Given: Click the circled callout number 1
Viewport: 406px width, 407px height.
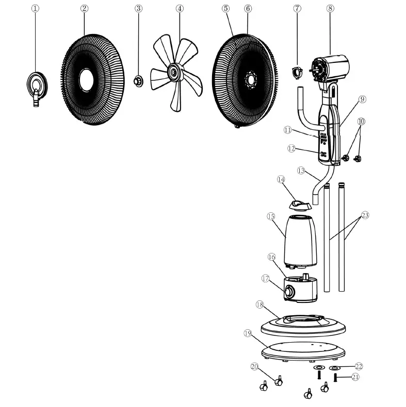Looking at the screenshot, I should point(35,8).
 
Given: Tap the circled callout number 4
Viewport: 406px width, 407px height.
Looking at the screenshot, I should point(179,8).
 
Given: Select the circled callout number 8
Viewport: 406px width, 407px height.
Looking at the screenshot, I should point(330,8).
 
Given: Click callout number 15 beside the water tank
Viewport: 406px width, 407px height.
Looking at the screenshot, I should point(271,216).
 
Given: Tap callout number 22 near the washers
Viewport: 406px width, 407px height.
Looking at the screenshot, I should point(359,366).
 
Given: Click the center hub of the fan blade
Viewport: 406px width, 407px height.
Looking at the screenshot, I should point(175,73).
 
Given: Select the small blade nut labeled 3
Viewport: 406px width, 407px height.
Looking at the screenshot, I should point(138,80).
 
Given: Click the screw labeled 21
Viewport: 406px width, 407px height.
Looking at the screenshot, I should point(336,378).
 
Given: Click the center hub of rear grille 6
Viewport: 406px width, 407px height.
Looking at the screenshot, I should point(252,79).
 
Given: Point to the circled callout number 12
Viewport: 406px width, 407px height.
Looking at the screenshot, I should point(291,148).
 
